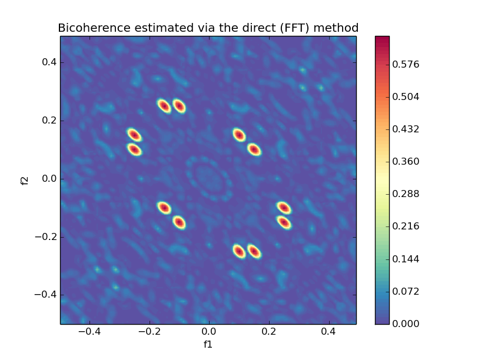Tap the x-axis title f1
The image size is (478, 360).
(208, 344)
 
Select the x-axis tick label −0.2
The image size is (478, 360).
(147, 332)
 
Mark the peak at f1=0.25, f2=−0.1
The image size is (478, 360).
(284, 208)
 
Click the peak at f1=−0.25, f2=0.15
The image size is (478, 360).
(134, 135)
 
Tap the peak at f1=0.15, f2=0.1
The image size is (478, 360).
(254, 149)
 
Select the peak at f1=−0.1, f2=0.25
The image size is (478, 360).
(179, 106)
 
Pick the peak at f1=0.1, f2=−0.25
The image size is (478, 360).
(238, 251)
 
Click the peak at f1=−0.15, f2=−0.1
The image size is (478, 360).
(164, 208)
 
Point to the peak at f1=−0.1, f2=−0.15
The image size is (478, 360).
(179, 222)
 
